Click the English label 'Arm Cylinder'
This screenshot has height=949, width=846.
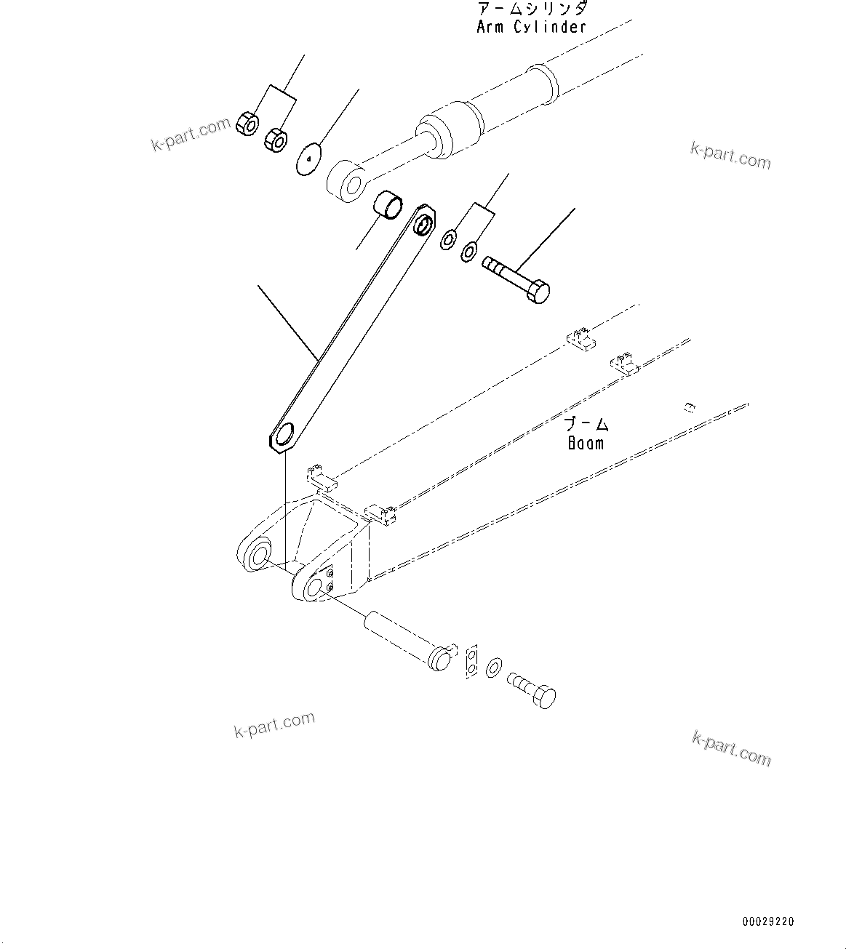531,28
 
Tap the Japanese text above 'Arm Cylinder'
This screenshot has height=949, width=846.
532,9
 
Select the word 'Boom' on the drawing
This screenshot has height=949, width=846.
586,442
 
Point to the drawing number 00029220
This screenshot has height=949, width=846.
768,922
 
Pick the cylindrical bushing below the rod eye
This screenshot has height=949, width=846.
387,204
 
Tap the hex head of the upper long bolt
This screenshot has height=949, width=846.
538,292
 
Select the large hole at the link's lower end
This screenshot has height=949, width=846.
288,434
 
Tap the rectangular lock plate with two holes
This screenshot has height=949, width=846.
471,661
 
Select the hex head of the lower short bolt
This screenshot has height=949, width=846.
544,697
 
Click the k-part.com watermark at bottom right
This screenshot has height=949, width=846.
731,748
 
